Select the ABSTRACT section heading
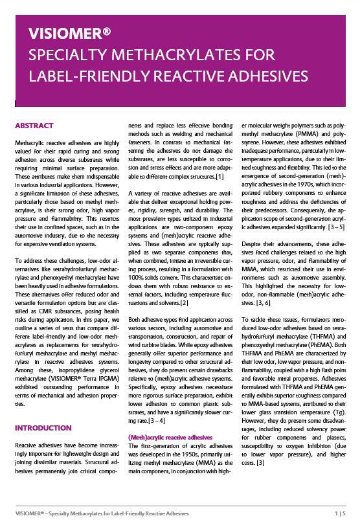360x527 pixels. tap(34, 126)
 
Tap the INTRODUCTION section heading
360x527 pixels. tap(43, 428)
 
